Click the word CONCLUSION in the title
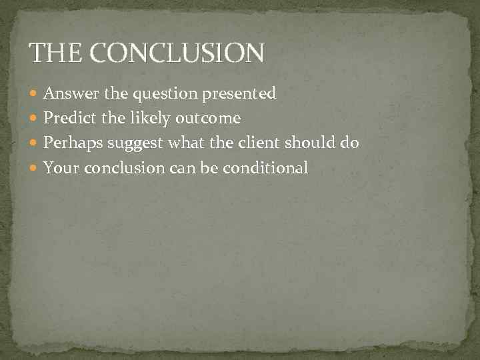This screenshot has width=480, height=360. click(x=175, y=52)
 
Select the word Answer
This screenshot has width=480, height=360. click(x=69, y=94)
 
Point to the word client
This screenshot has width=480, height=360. click(x=261, y=143)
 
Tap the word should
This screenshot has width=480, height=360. click(x=313, y=143)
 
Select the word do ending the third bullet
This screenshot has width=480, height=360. click(x=350, y=143)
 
